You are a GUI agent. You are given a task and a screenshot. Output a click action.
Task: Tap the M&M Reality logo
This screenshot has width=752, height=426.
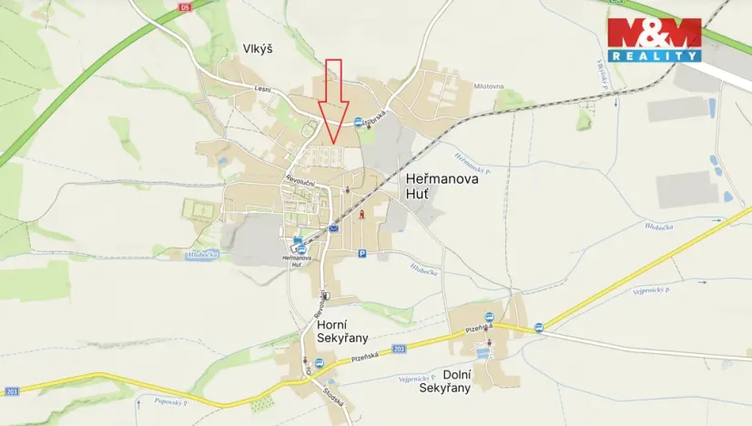(x=655, y=39)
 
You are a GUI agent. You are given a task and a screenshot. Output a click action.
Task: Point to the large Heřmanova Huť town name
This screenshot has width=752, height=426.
(x=441, y=188)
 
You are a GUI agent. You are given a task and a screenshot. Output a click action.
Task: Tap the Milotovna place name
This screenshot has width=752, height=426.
(x=489, y=86)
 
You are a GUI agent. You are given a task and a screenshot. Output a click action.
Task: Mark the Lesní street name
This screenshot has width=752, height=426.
(x=261, y=88)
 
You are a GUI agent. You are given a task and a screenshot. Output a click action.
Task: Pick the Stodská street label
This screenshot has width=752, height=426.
(x=334, y=396)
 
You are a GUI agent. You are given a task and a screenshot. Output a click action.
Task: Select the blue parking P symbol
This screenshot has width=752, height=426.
(x=361, y=254)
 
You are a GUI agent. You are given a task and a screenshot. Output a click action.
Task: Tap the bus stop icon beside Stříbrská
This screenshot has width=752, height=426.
(x=359, y=121)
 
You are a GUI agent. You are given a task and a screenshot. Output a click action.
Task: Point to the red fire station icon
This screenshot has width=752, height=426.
(x=362, y=214)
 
